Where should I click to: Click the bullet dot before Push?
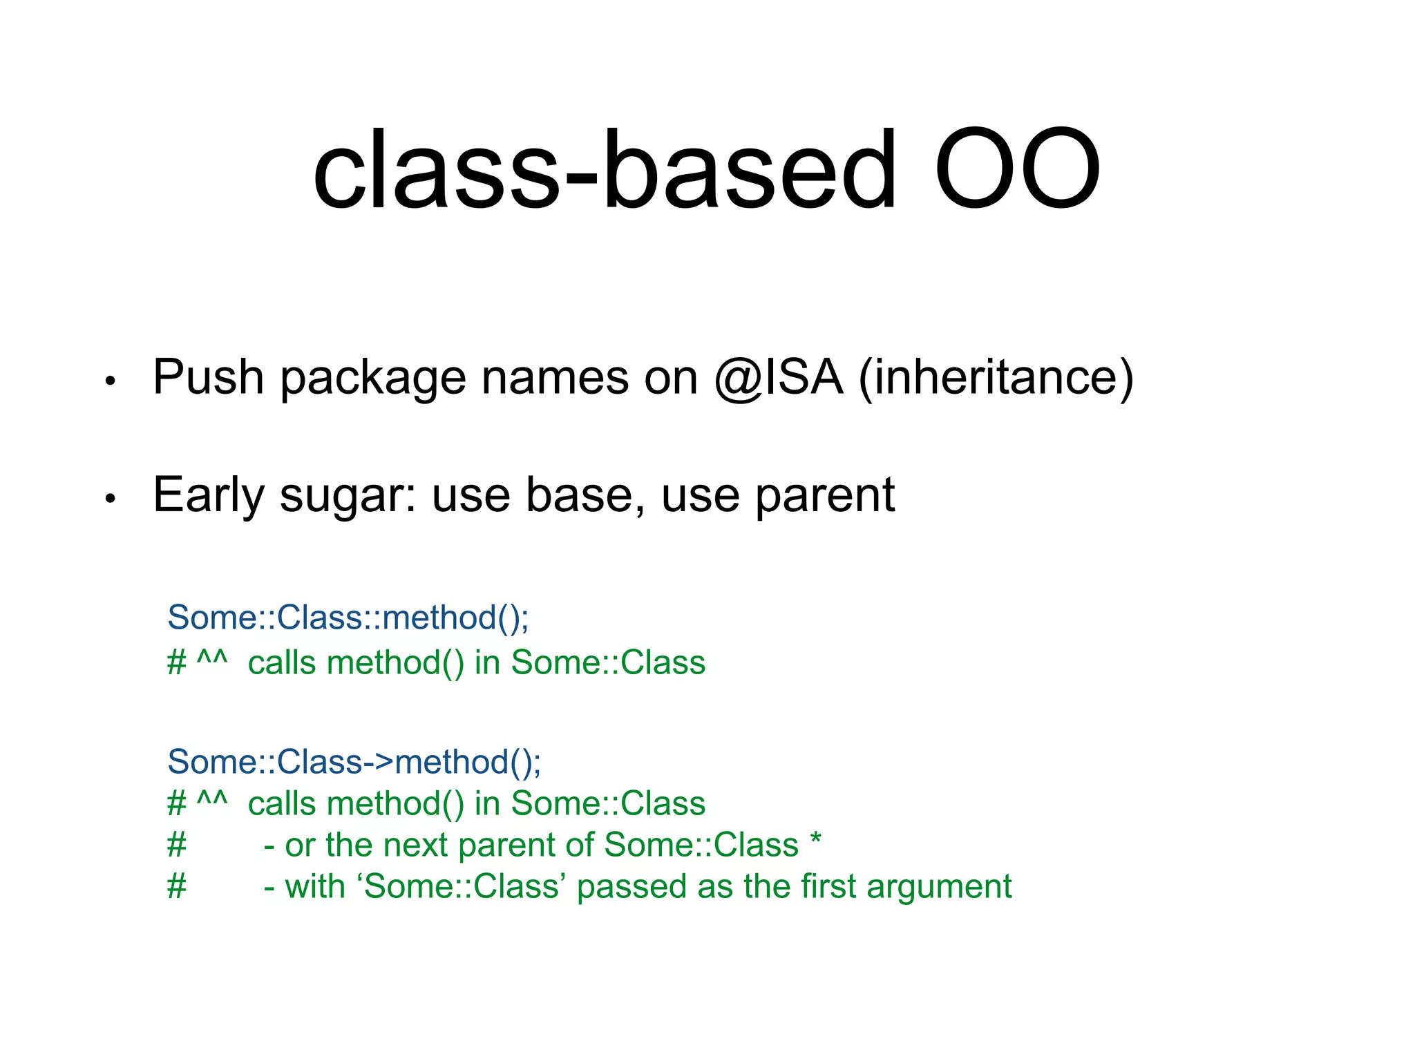(x=110, y=381)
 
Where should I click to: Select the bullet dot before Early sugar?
(x=110, y=498)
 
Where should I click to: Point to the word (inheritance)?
(x=996, y=379)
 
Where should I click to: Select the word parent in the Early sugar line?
(x=825, y=496)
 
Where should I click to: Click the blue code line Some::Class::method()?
(x=348, y=617)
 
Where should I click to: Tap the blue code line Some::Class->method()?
(x=354, y=762)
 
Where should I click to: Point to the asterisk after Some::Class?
(x=816, y=840)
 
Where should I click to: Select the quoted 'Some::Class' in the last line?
(x=462, y=886)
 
